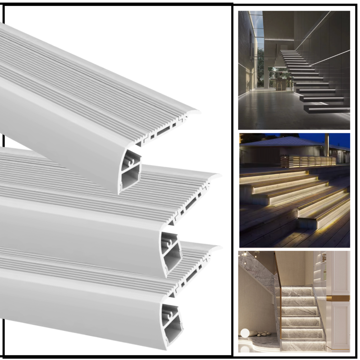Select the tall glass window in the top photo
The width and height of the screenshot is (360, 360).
(x=256, y=50)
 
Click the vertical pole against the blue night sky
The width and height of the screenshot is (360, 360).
(x=327, y=145)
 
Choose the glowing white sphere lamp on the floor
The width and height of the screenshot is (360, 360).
(x=245, y=333)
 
